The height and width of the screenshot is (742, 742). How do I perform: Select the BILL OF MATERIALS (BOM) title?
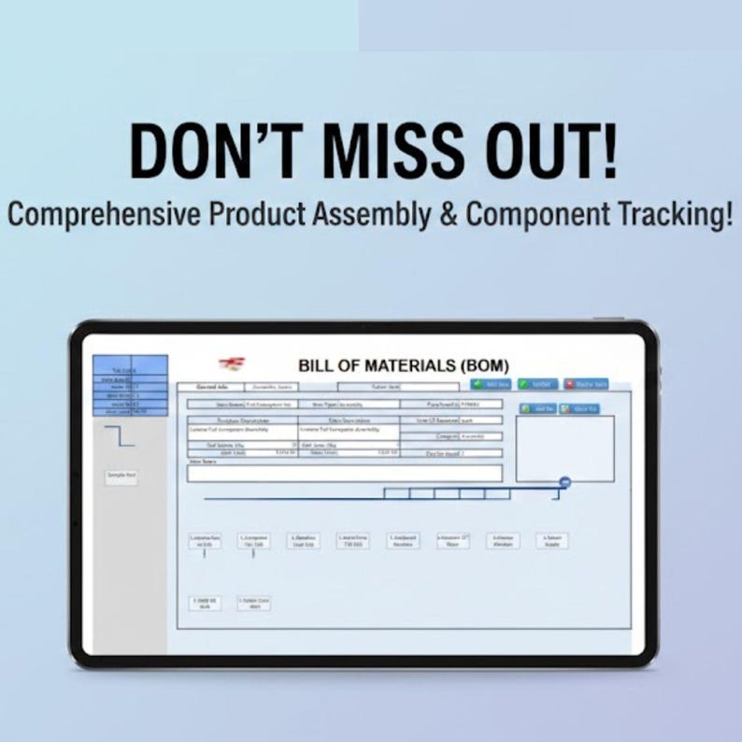tap(403, 365)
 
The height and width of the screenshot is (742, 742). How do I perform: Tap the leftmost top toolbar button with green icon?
tap(492, 384)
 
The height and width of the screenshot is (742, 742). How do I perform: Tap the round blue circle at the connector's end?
tap(564, 482)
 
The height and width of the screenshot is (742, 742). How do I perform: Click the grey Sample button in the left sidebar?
tap(121, 477)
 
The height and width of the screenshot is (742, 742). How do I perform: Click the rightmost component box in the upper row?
tap(551, 541)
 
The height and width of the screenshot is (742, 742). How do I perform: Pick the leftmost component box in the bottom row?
tap(205, 603)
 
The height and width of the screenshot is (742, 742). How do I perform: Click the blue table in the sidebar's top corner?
tap(132, 385)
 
